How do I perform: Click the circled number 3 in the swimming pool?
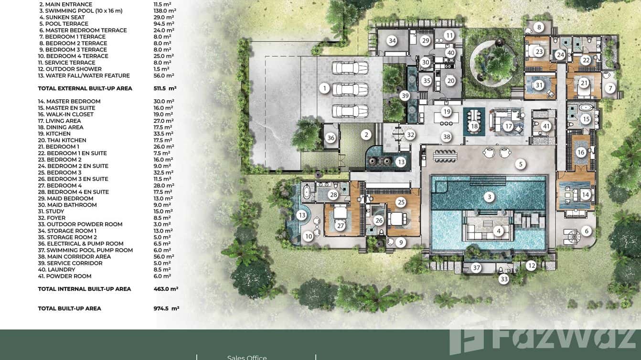(489, 196)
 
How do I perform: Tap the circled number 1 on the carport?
(324, 88)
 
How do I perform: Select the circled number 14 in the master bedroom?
(586, 195)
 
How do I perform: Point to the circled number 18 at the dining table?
(474, 127)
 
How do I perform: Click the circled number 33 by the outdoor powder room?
(503, 279)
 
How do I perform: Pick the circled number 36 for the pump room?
(331, 138)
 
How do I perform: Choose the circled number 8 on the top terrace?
(539, 28)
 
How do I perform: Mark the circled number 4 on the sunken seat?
(499, 231)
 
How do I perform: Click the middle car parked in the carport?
(351, 89)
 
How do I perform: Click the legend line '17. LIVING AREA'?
(60, 121)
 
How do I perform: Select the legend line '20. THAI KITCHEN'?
(62, 140)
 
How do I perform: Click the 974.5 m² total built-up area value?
(163, 308)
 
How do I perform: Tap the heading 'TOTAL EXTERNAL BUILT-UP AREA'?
(85, 88)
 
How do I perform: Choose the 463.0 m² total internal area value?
(162, 289)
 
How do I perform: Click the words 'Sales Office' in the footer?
(247, 357)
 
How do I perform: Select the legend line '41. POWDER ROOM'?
(64, 276)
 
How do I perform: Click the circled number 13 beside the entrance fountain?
(401, 162)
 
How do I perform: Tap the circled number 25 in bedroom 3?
(401, 202)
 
